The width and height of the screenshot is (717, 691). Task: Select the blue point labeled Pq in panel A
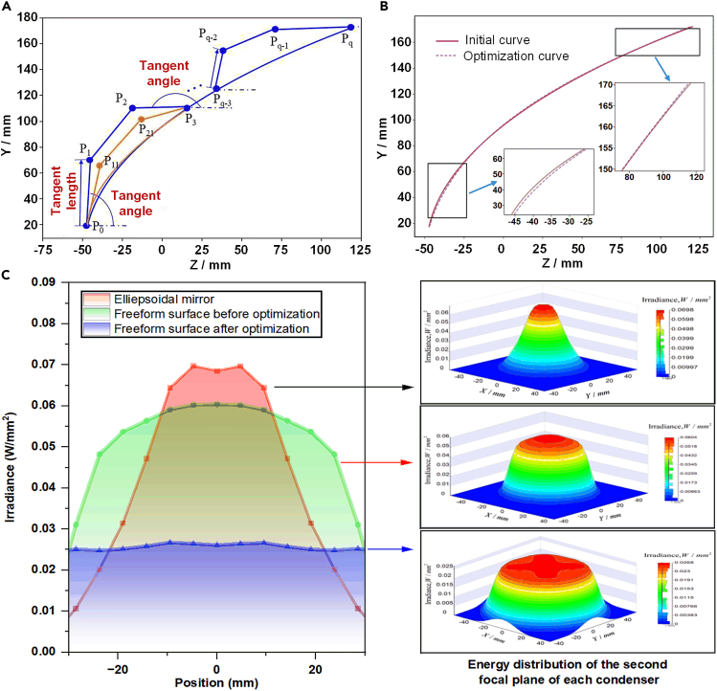[x=350, y=27]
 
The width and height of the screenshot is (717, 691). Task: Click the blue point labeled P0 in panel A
[x=86, y=226]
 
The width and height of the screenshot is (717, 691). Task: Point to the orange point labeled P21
[x=142, y=120]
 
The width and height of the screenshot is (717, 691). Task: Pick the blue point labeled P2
[x=132, y=108]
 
